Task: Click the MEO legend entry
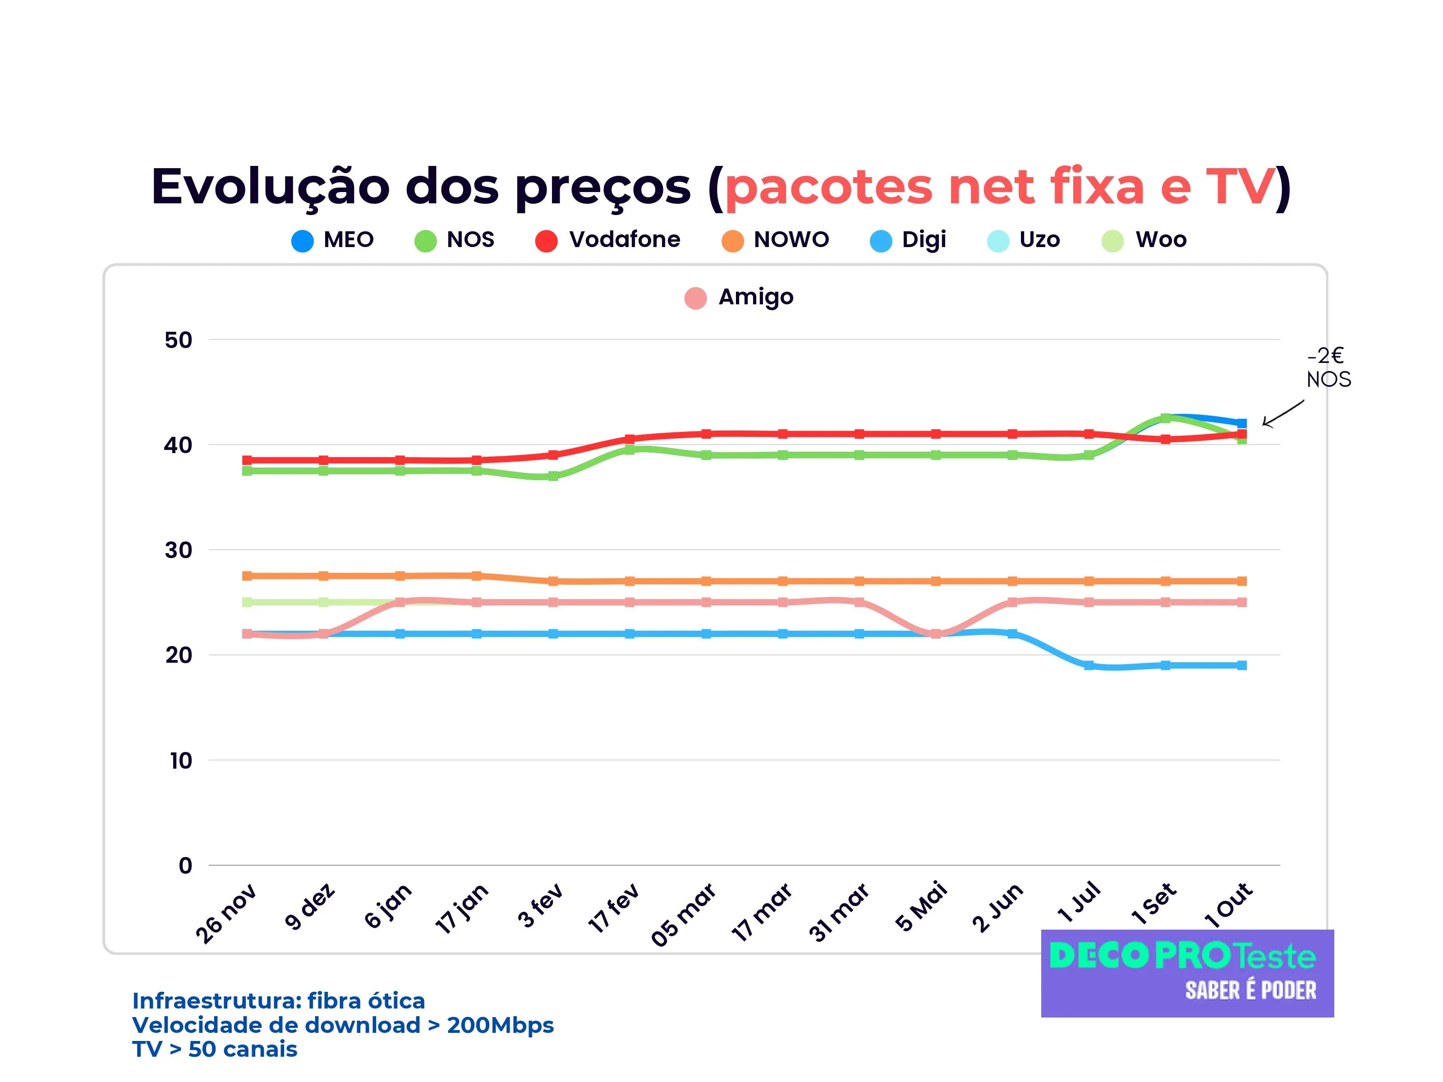point(333,240)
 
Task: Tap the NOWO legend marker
point(733,241)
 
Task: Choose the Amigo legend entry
point(739,298)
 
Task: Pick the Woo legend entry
point(1144,240)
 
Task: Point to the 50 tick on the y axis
point(178,340)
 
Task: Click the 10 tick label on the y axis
point(181,761)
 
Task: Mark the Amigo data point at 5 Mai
point(936,634)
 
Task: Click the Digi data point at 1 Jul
point(1089,665)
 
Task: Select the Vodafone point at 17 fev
point(630,439)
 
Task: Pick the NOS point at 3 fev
point(553,476)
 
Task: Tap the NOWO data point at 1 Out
point(1242,581)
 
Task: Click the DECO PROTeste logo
point(1187,973)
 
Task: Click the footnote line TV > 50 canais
point(215,1050)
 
